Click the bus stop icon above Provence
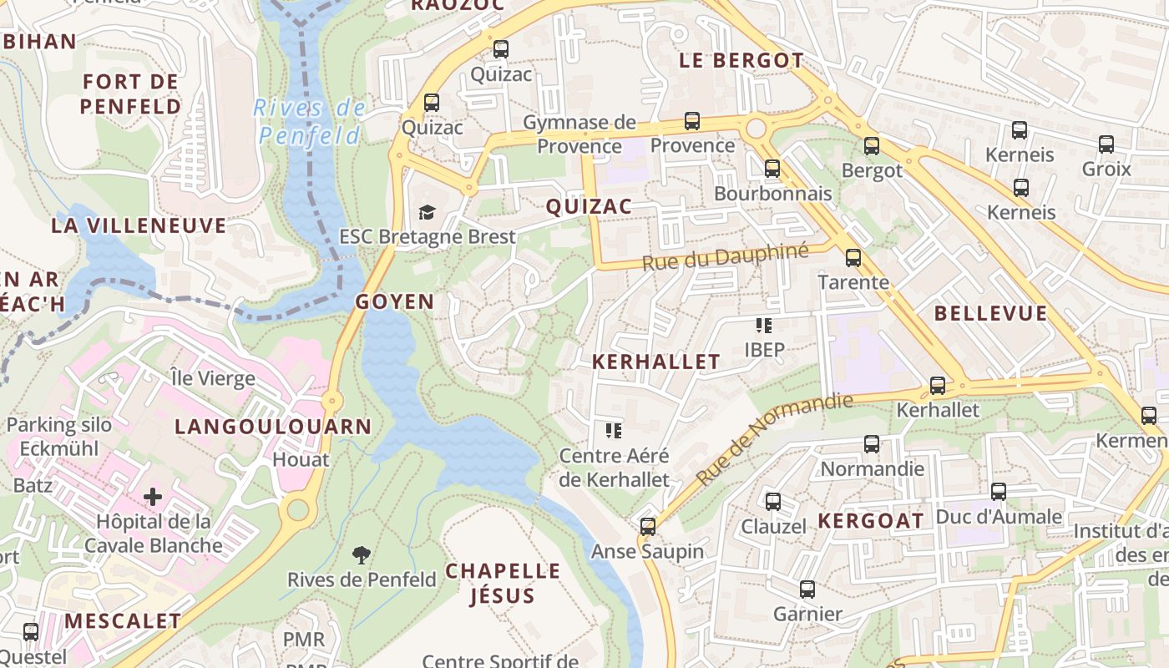[x=691, y=121]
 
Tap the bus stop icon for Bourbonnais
[x=772, y=169]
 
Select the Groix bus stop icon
[x=1106, y=144]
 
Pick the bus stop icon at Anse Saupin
[x=648, y=527]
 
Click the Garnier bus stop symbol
[x=807, y=590]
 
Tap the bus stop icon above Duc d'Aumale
[x=999, y=492]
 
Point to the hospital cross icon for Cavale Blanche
[x=153, y=498]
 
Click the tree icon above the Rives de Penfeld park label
[x=362, y=554]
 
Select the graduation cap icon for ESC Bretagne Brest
[x=428, y=212]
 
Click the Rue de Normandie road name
[x=775, y=439]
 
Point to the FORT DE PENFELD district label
[x=131, y=94]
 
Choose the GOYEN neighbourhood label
[x=395, y=302]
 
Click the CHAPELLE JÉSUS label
[x=503, y=583]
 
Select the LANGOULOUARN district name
[x=273, y=427]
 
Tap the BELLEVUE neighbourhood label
[x=990, y=314]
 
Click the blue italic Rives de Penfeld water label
[x=310, y=122]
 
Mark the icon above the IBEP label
[x=763, y=325]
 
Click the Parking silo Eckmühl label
[x=58, y=436]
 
